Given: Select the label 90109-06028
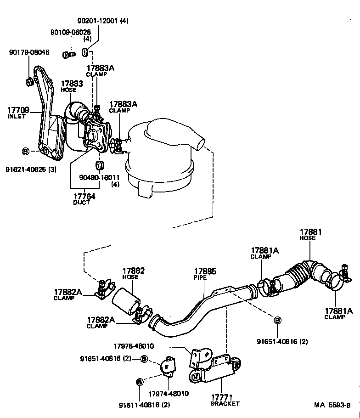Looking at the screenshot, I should pyautogui.click(x=71, y=32).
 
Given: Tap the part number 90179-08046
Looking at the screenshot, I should pyautogui.click(x=29, y=53).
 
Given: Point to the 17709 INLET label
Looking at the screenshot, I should pyautogui.click(x=18, y=113).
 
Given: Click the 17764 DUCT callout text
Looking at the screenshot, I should pyautogui.click(x=84, y=199).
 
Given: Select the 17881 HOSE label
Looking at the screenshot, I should pyautogui.click(x=310, y=235).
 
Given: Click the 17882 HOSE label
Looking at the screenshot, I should pyautogui.click(x=133, y=274).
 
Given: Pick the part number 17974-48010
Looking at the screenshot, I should pyautogui.click(x=168, y=394).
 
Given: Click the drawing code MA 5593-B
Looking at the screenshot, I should pyautogui.click(x=332, y=405).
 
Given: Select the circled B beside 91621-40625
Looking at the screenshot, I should pyautogui.click(x=26, y=151).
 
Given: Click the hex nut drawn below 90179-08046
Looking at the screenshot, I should pyautogui.click(x=28, y=82).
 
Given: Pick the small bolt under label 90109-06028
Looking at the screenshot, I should pyautogui.click(x=68, y=55).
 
